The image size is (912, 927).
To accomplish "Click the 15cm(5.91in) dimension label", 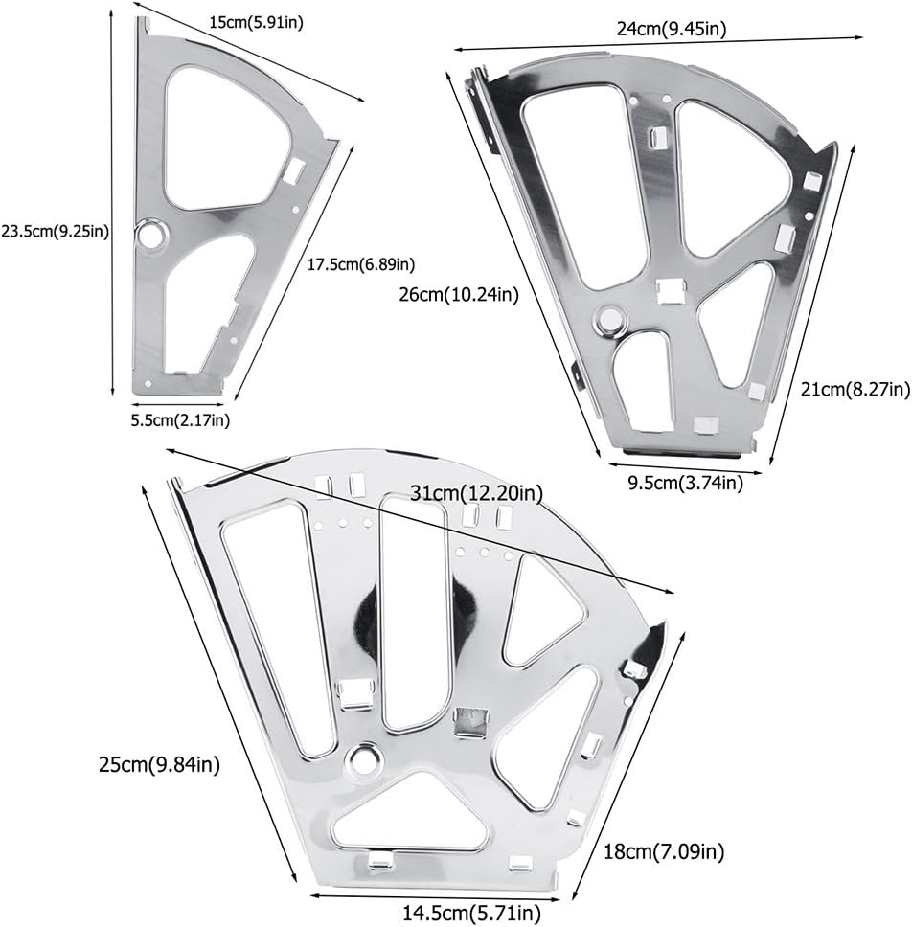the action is coord(256,22).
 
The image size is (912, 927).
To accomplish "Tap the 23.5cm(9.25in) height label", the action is coord(55,231).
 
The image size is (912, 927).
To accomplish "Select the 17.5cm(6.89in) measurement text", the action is coord(361,264).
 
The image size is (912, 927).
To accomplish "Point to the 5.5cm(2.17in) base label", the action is coord(180,420).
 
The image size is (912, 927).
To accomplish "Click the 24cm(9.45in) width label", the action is coord(672,29).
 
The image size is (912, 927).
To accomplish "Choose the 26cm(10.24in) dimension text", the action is coord(459,294).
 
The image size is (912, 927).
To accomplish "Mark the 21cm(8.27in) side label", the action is coord(855,390).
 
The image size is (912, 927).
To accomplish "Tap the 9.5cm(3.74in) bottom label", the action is coord(685,483).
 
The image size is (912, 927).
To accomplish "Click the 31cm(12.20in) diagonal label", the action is coord(476,492).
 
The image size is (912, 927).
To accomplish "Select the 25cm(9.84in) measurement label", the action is coord(160,765).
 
